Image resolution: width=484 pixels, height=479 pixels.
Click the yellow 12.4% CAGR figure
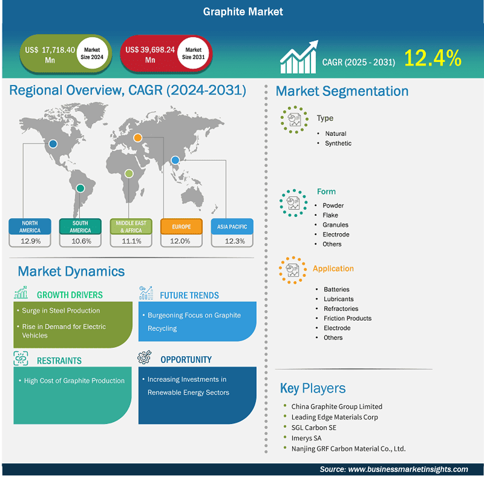point(432,58)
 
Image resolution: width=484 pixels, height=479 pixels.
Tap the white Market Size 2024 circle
point(92,53)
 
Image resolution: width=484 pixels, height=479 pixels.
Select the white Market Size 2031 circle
point(193,53)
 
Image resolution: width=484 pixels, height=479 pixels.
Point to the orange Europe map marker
point(138,137)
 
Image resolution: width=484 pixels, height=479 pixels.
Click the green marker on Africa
point(129,173)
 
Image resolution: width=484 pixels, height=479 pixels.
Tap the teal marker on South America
point(80,188)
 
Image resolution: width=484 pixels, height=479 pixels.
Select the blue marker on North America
point(53,144)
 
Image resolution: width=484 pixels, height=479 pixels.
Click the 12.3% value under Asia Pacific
point(235,241)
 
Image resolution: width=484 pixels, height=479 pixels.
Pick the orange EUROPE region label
point(181,227)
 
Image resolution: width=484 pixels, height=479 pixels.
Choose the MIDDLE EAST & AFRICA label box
point(131,227)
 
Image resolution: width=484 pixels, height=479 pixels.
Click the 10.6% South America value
point(81,241)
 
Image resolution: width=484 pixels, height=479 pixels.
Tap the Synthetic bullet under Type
point(338,143)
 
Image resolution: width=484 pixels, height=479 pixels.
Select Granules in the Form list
point(335,225)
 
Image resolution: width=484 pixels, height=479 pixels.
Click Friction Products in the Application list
point(347,318)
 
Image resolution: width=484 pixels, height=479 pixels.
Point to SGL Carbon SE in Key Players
point(314,427)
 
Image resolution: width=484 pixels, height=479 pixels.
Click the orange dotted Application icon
point(293,270)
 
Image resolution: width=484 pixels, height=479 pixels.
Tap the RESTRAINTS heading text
point(59,360)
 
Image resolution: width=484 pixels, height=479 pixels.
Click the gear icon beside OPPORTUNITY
point(144,357)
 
